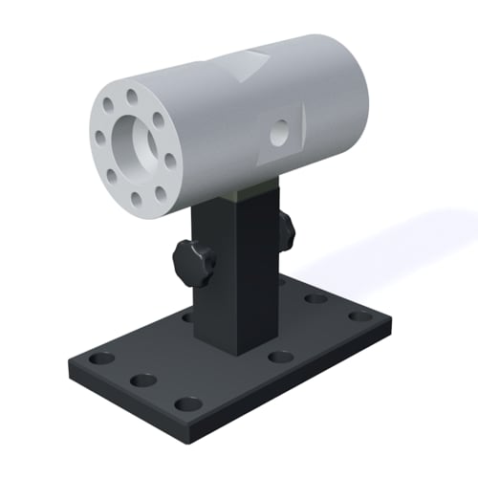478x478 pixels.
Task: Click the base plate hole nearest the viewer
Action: [189, 403]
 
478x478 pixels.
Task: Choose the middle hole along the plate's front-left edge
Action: [143, 380]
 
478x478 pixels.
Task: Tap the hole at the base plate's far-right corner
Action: [358, 316]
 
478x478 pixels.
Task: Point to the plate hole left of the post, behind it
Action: [187, 315]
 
